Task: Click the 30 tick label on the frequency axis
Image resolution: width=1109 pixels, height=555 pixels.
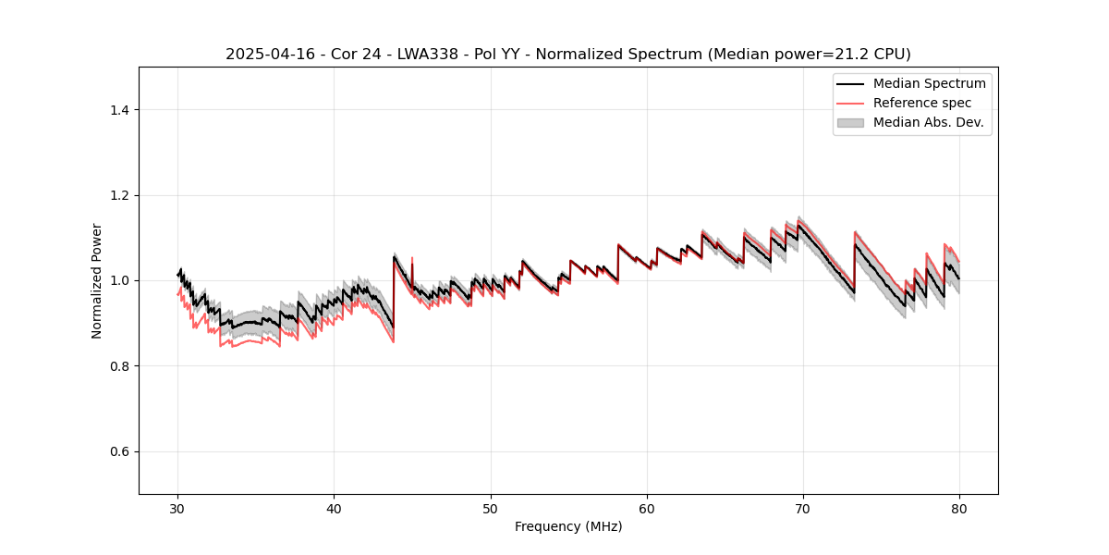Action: click(x=178, y=508)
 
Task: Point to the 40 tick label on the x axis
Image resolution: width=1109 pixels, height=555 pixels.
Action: click(x=335, y=508)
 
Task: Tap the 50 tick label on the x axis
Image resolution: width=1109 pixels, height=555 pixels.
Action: click(x=491, y=508)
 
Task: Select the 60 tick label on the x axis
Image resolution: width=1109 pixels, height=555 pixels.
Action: click(x=647, y=508)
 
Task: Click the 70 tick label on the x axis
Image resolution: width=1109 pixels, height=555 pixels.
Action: click(x=803, y=508)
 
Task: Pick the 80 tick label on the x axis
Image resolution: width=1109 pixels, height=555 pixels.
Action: click(x=959, y=508)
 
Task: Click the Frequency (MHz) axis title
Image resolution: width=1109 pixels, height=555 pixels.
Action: click(x=568, y=526)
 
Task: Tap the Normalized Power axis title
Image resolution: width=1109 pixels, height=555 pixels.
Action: click(x=97, y=280)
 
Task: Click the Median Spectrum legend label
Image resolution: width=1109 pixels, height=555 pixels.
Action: click(x=929, y=83)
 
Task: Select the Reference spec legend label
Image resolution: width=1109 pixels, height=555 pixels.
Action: click(x=922, y=103)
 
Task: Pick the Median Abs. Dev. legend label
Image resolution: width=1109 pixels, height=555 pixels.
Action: click(x=929, y=122)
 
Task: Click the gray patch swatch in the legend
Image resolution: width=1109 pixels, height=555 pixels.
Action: click(x=850, y=122)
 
